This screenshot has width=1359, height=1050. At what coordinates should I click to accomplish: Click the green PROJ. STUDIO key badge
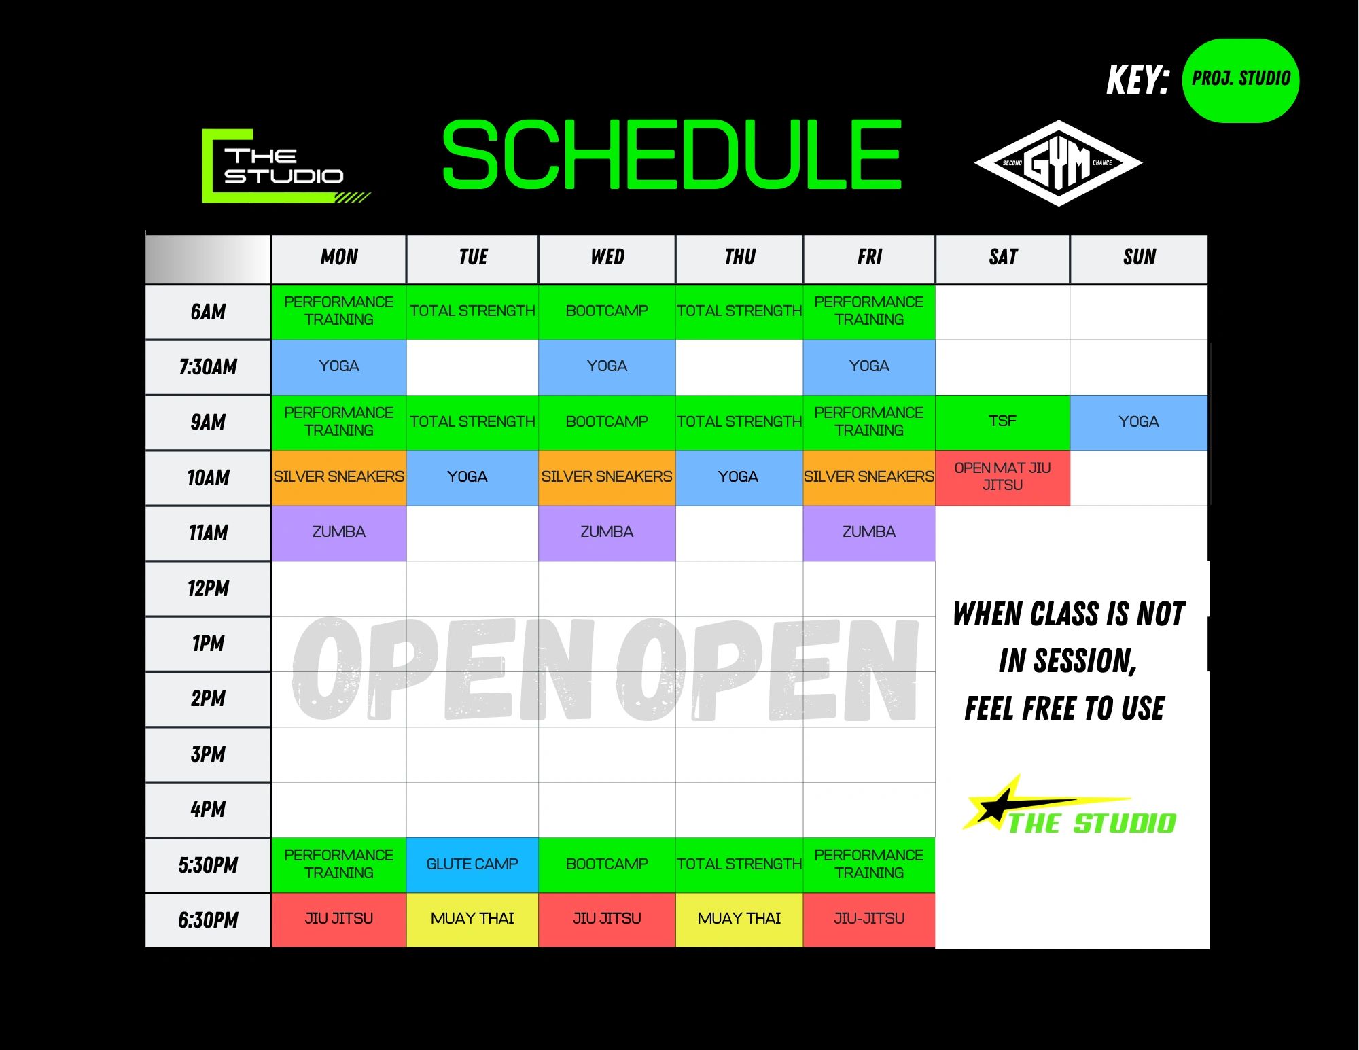pos(1241,80)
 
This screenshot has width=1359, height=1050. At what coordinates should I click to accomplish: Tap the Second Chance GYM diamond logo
pos(1058,163)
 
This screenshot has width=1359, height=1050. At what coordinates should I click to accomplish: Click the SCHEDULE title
pos(672,155)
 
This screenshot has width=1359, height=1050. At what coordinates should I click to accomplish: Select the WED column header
pos(607,258)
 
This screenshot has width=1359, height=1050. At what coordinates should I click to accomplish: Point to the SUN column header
pos(1139,258)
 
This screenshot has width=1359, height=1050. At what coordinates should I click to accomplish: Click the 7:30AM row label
pos(208,368)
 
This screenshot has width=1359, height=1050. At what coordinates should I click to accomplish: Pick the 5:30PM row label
pos(208,865)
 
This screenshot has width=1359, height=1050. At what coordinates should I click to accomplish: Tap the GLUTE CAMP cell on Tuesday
pos(472,864)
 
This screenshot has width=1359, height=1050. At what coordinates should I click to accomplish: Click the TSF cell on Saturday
pos(1002,422)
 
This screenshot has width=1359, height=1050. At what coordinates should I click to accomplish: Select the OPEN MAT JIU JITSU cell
pos(1002,477)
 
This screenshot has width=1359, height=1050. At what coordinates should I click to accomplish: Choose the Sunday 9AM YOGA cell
pos(1139,422)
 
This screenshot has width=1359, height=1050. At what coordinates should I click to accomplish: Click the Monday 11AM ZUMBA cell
pos(338,533)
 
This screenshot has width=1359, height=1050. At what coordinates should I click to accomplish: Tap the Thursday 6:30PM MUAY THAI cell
pos(739,919)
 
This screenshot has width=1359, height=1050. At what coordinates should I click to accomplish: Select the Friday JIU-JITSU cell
pos(869,919)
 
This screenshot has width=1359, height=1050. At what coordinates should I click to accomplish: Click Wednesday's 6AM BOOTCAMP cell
pos(607,312)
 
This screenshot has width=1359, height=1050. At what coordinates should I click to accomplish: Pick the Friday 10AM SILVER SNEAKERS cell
pos(869,477)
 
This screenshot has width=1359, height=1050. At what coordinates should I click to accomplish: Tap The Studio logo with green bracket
pos(285,166)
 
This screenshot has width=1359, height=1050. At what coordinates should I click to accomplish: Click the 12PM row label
pos(208,589)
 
